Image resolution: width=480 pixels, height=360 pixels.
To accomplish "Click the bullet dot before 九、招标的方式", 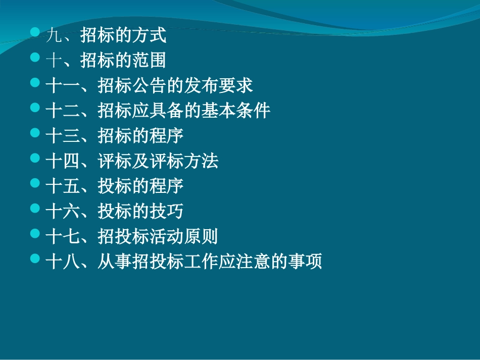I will coord(34,33).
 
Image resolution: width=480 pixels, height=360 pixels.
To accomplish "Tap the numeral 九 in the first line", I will coord(54,36).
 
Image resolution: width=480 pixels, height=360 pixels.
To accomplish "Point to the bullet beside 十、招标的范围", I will coord(34,58).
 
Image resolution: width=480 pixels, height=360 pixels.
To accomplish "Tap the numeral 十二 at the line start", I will coord(63,111).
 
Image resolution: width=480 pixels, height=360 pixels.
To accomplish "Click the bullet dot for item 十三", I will coord(34,133).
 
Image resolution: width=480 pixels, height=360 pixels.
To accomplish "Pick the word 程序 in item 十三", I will coord(167,136).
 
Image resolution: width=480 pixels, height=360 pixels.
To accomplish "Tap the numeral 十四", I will coord(63,162).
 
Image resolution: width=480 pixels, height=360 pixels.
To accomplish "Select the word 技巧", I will coord(167,212).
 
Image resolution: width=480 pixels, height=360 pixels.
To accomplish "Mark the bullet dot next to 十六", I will coord(34,208).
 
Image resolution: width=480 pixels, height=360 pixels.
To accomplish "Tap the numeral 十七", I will coord(63,237).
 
